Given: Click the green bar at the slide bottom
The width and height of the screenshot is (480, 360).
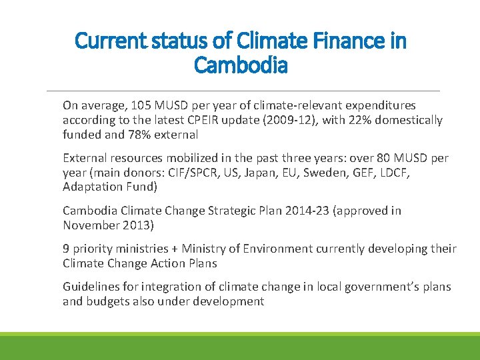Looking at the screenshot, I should click(240, 346).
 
